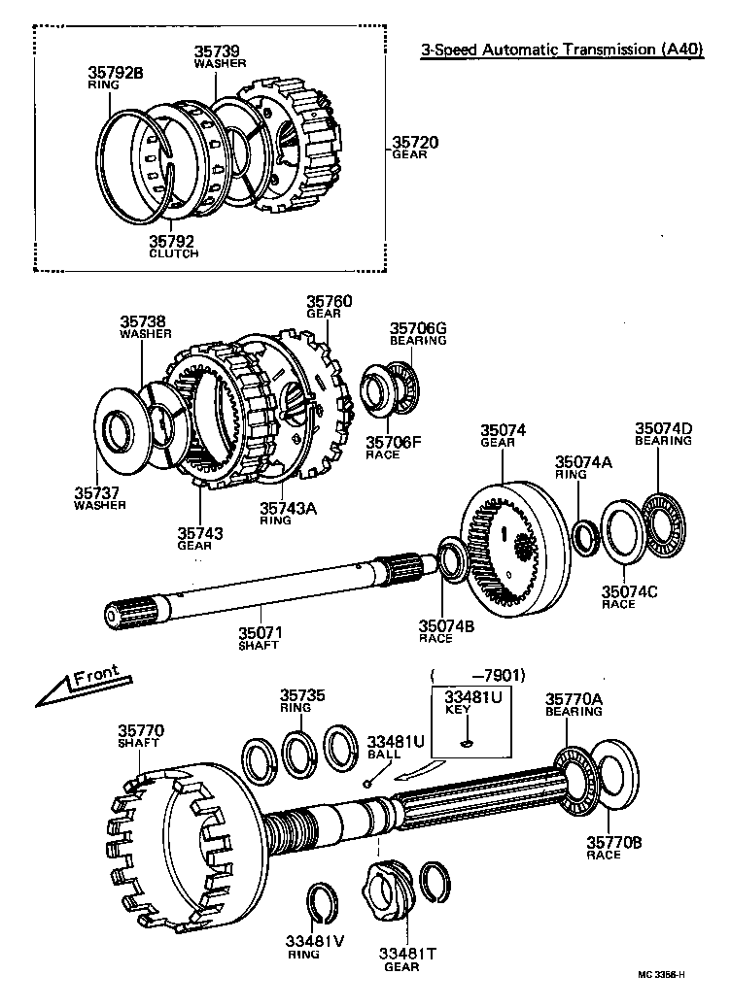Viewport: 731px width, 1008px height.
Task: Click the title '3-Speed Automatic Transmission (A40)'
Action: (561, 50)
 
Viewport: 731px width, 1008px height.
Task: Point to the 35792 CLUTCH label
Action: (173, 247)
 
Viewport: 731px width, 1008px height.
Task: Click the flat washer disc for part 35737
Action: (121, 431)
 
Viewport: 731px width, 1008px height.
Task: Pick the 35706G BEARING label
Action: (418, 334)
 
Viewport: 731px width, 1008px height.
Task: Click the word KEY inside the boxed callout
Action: (457, 710)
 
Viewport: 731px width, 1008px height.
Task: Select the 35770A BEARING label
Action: (574, 704)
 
